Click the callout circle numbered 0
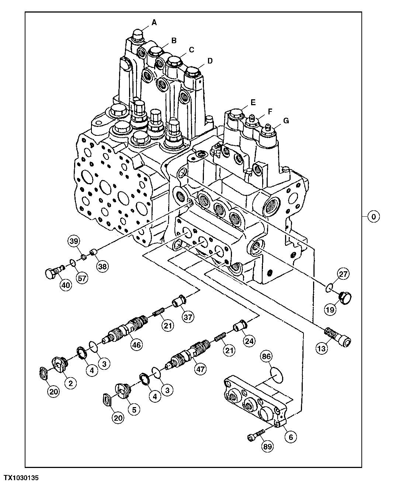click(374, 217)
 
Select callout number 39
click(73, 241)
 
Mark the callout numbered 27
click(343, 274)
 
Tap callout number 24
click(249, 341)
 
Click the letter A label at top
click(154, 23)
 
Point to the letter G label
click(286, 121)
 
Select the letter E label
click(253, 102)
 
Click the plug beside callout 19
click(346, 296)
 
